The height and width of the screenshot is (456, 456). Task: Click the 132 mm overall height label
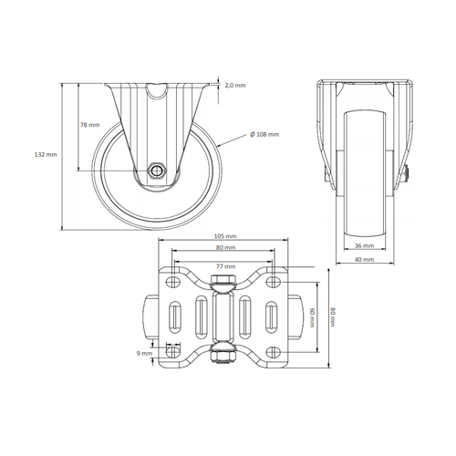pyautogui.click(x=44, y=155)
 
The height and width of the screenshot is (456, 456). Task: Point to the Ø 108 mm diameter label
pyautogui.click(x=264, y=134)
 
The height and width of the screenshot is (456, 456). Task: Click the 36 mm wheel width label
pyautogui.click(x=361, y=244)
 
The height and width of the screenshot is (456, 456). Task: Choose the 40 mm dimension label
pyautogui.click(x=361, y=259)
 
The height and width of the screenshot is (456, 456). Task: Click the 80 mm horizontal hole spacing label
pyautogui.click(x=224, y=247)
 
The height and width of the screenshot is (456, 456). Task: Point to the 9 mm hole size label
pyautogui.click(x=143, y=354)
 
